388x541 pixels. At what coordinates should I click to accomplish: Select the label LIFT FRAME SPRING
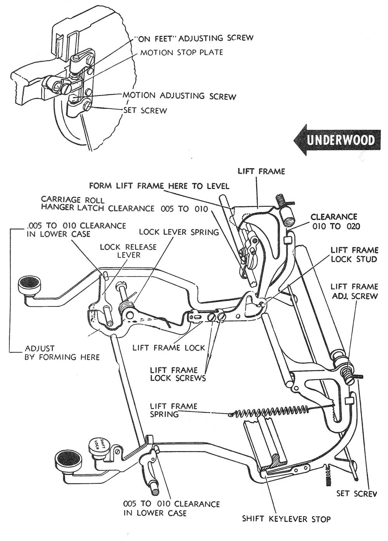173,410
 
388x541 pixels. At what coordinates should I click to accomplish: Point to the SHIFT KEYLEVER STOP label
286,518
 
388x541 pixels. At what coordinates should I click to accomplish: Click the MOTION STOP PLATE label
182,52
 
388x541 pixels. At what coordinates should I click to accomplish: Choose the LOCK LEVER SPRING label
178,232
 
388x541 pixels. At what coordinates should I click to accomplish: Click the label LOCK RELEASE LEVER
128,251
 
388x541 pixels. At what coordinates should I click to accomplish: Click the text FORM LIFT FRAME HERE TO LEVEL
159,186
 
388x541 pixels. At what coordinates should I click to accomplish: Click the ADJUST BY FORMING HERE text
62,353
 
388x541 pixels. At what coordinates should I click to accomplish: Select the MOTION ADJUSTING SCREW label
179,96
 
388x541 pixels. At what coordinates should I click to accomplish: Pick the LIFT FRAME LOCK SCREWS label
178,374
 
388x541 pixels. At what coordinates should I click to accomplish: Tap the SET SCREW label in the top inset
145,110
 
